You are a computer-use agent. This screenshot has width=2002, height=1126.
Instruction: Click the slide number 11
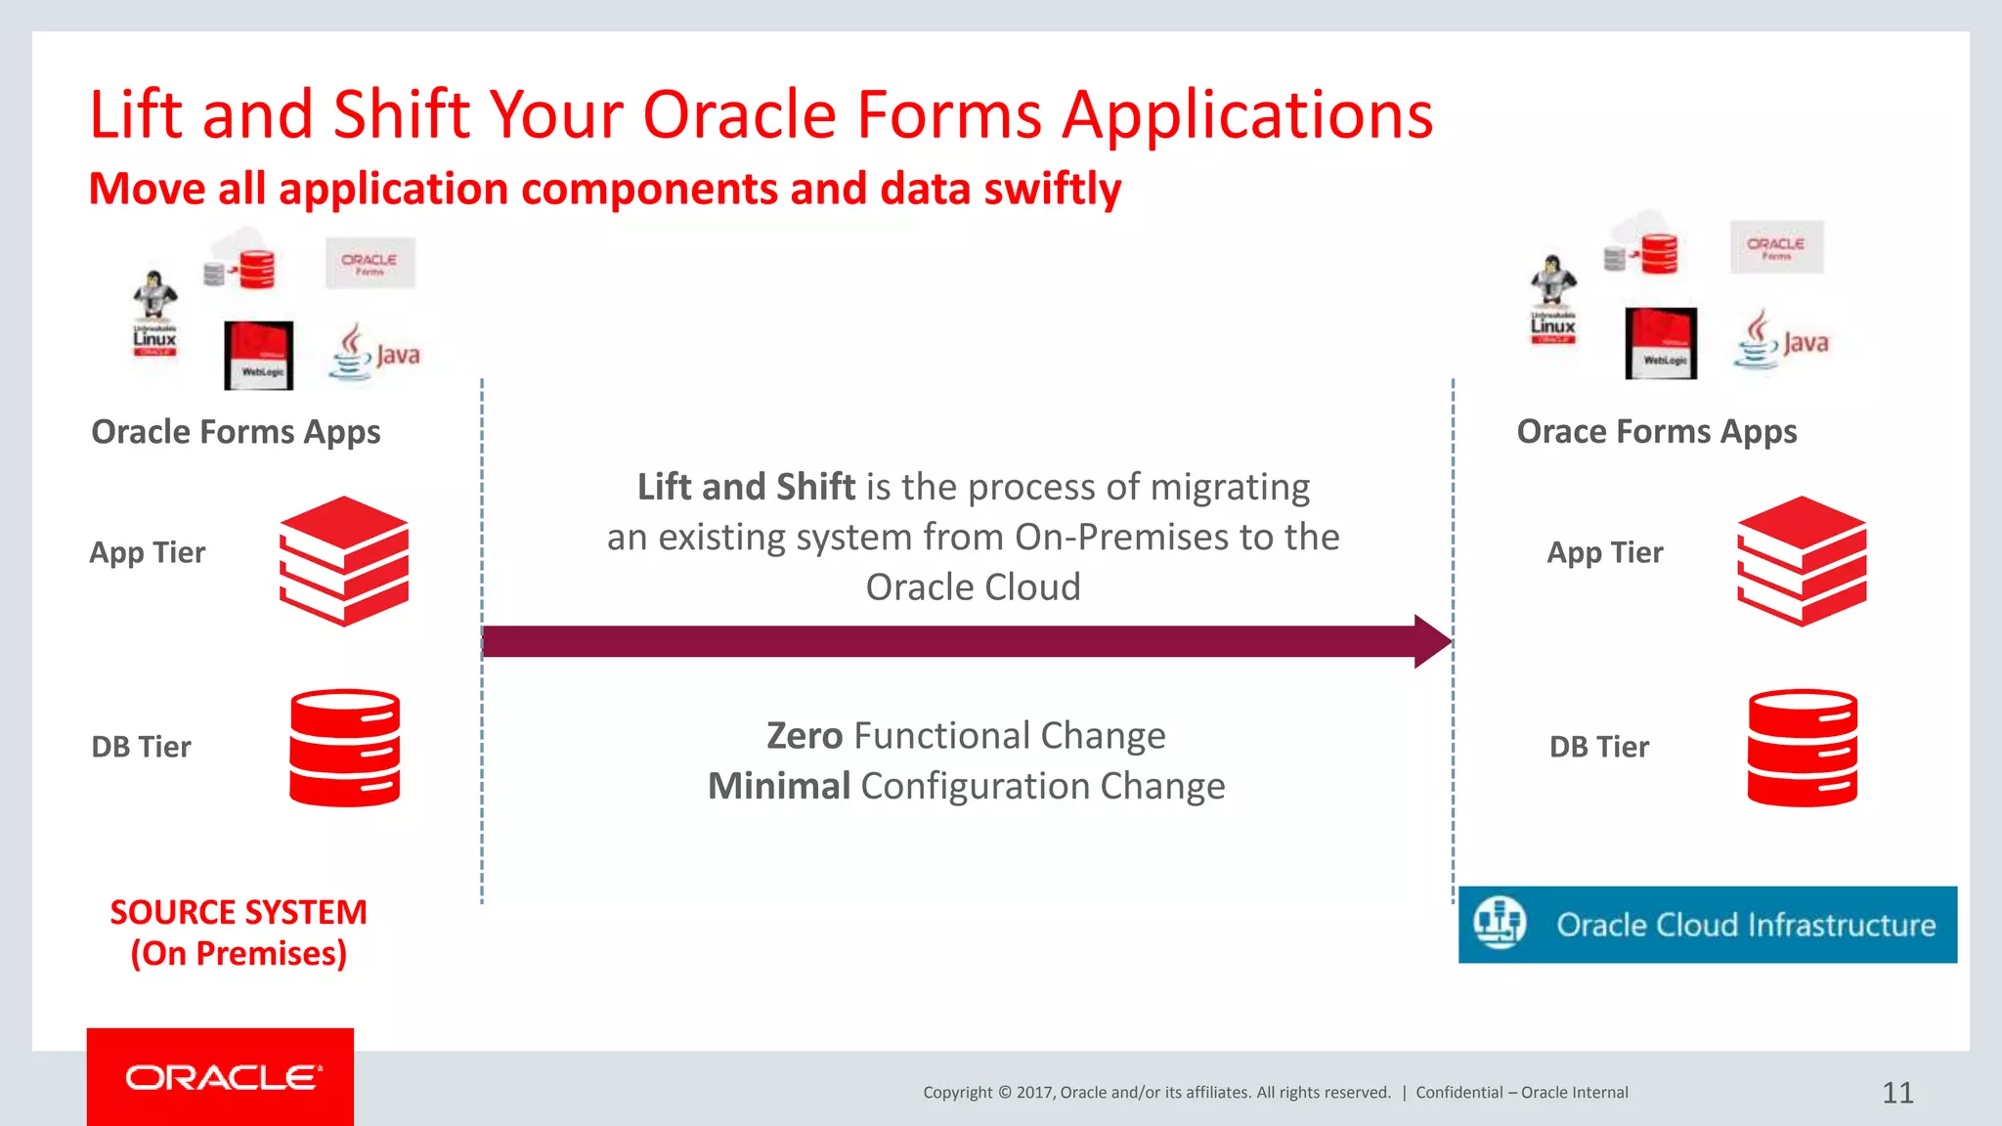[1897, 1092]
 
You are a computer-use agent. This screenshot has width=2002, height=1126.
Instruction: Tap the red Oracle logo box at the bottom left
[220, 1077]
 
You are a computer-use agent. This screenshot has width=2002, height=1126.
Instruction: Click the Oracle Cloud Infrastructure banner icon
[1500, 923]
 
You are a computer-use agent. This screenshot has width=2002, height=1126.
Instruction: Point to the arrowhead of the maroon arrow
[1433, 641]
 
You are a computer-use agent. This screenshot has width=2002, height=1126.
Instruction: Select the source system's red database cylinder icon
[344, 748]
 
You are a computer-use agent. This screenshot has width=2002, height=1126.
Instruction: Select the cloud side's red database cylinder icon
[1802, 748]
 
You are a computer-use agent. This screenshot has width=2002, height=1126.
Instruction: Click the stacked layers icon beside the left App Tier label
[344, 560]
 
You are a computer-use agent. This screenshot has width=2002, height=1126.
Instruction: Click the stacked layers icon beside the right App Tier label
[1802, 560]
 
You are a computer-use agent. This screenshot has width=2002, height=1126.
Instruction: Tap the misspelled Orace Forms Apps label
[1656, 431]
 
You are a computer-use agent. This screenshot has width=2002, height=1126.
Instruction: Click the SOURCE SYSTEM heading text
[238, 912]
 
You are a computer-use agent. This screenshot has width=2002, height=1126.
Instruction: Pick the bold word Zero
[804, 735]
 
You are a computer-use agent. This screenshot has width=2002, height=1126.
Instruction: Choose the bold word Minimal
[779, 786]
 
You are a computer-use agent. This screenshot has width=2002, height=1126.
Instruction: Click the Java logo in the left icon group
[376, 353]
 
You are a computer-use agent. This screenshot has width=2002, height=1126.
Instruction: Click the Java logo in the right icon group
[1781, 340]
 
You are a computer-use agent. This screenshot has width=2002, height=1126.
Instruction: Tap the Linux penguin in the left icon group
[154, 311]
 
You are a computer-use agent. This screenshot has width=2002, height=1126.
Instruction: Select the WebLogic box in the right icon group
[1661, 343]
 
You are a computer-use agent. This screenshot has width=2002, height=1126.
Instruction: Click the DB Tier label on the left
[141, 747]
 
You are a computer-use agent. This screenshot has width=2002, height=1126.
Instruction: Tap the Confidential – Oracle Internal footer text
[1521, 1092]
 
